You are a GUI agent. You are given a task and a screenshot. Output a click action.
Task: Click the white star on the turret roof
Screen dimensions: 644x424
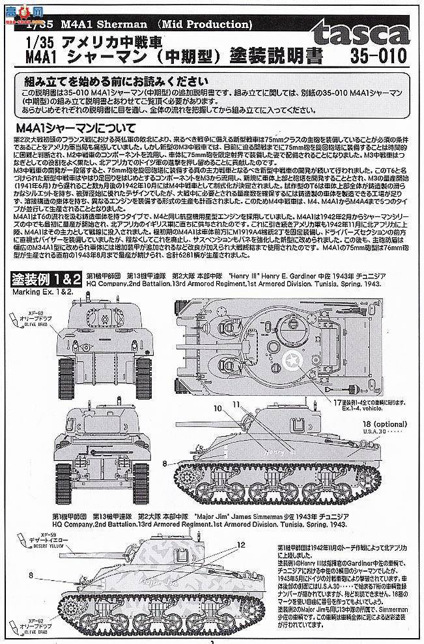click(x=296, y=357)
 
